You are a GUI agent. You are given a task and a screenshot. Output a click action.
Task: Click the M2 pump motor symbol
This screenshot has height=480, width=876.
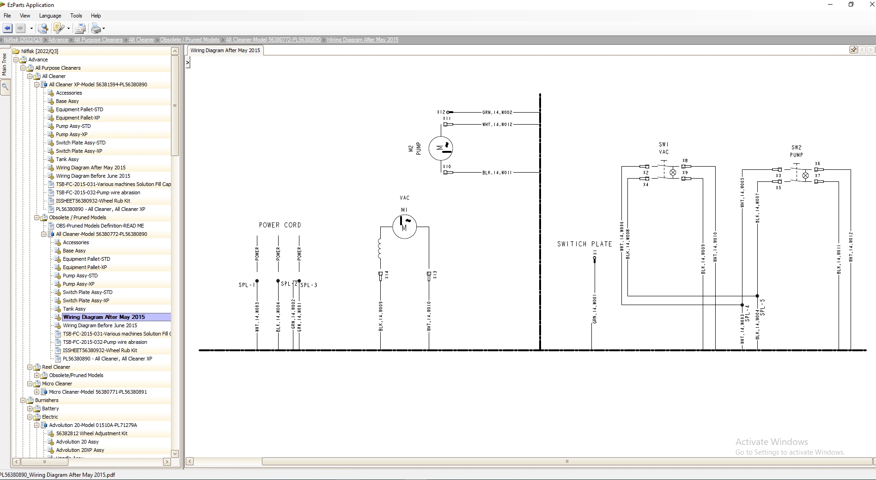[x=441, y=148]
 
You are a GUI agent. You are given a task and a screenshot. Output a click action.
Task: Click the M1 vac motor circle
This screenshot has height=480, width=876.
[x=404, y=226]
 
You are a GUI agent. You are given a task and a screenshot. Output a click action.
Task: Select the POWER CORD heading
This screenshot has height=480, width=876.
[x=280, y=225]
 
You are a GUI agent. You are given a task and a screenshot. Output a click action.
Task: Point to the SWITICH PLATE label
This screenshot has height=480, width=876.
[x=584, y=244]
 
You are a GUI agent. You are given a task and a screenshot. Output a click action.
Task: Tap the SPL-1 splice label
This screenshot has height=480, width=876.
[x=246, y=285]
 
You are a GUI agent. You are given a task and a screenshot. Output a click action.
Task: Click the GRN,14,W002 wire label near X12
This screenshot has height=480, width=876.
[x=497, y=112]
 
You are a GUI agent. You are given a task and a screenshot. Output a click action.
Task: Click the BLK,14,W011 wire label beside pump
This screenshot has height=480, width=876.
[x=497, y=173]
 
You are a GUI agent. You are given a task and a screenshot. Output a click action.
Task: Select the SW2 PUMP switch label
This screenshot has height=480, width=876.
[x=796, y=151]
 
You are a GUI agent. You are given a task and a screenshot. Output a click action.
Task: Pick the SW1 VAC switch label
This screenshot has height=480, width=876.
[x=663, y=148]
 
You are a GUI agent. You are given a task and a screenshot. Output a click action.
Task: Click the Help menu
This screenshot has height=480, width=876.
[x=96, y=16]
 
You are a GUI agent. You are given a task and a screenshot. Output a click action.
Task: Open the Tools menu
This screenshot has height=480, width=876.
[x=76, y=16]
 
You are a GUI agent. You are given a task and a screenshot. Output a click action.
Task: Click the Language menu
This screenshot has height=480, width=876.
[x=50, y=16]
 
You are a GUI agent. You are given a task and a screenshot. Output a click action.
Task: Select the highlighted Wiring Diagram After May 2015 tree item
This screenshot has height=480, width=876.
[x=104, y=317]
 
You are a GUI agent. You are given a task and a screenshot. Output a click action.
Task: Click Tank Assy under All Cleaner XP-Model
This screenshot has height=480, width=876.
[x=67, y=159]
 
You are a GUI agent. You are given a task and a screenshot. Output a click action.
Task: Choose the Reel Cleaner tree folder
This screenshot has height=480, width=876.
[x=56, y=367]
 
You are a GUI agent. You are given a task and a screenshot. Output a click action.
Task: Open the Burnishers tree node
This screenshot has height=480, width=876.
[x=47, y=400]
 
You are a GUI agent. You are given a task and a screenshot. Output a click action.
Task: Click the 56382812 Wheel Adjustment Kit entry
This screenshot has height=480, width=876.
[x=91, y=433]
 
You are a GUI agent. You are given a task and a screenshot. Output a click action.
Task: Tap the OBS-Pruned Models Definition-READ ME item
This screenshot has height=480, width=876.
[x=100, y=226]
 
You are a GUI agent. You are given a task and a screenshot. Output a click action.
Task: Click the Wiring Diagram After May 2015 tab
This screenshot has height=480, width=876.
[x=225, y=50]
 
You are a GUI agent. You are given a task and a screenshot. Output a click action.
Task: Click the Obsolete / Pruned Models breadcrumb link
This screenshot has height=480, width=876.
[x=190, y=40]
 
